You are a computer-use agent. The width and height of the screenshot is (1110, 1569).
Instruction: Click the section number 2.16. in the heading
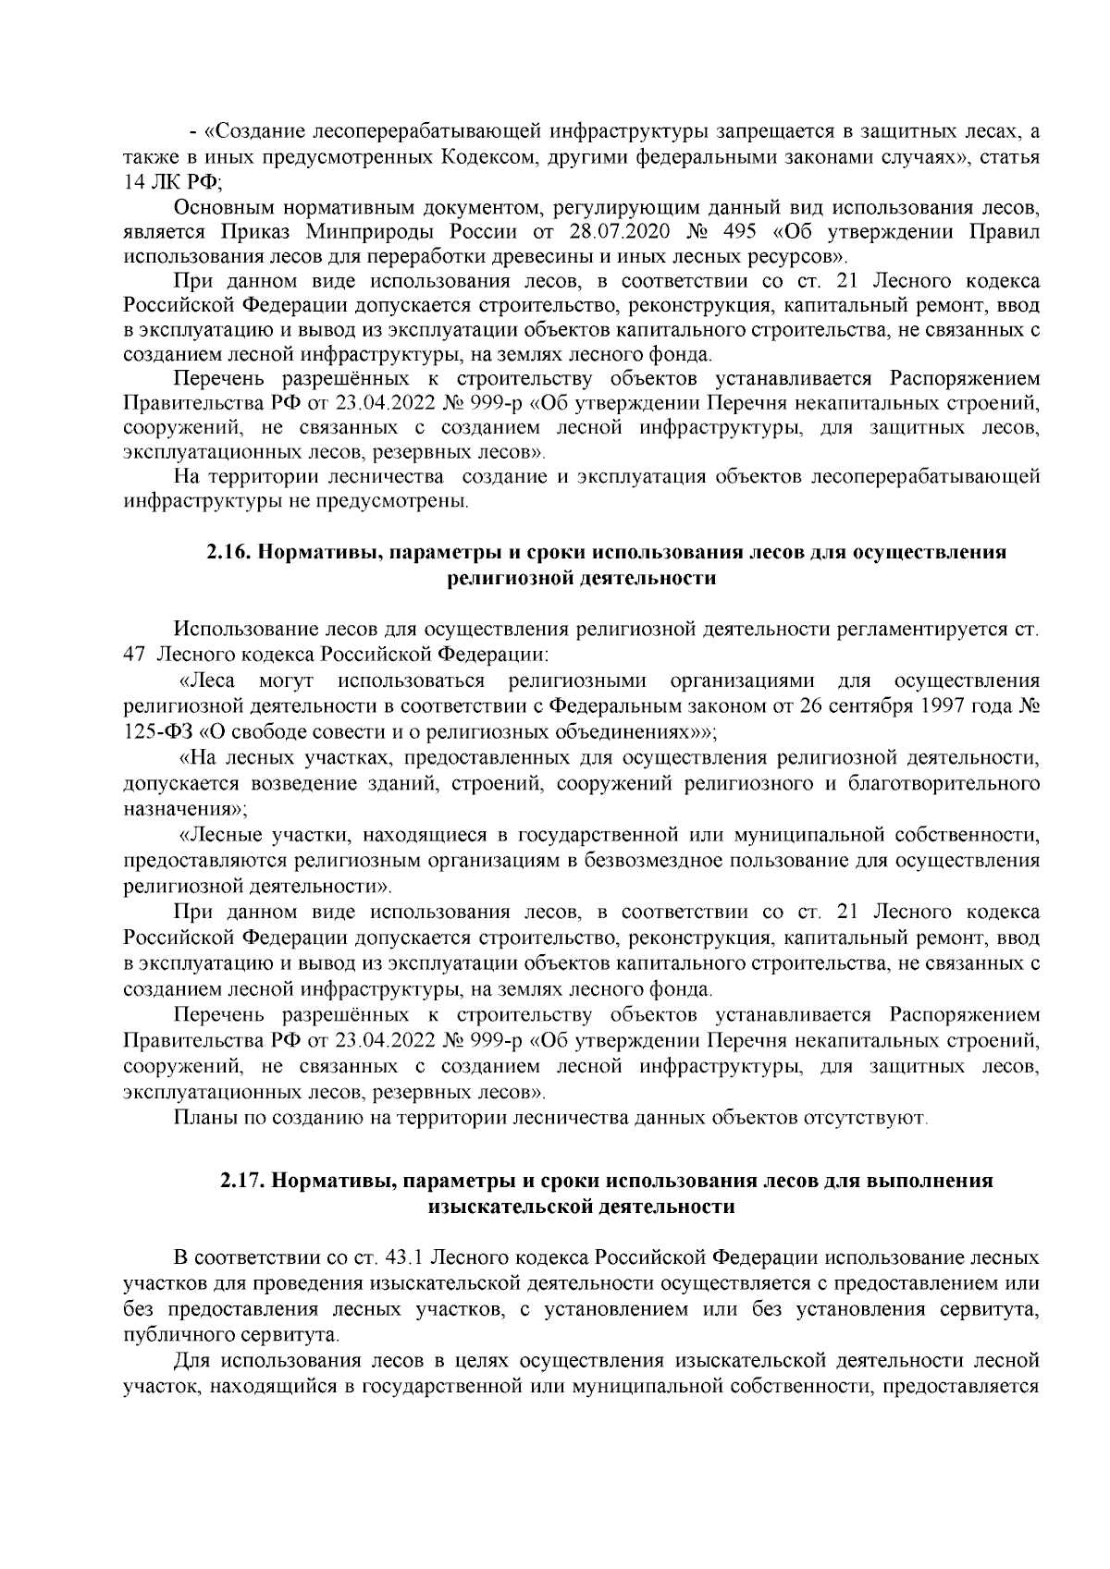[x=227, y=553]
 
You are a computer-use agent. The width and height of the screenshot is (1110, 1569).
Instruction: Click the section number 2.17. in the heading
[x=241, y=1182]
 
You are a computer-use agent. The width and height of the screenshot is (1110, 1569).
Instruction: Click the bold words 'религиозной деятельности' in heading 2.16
[x=581, y=579]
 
